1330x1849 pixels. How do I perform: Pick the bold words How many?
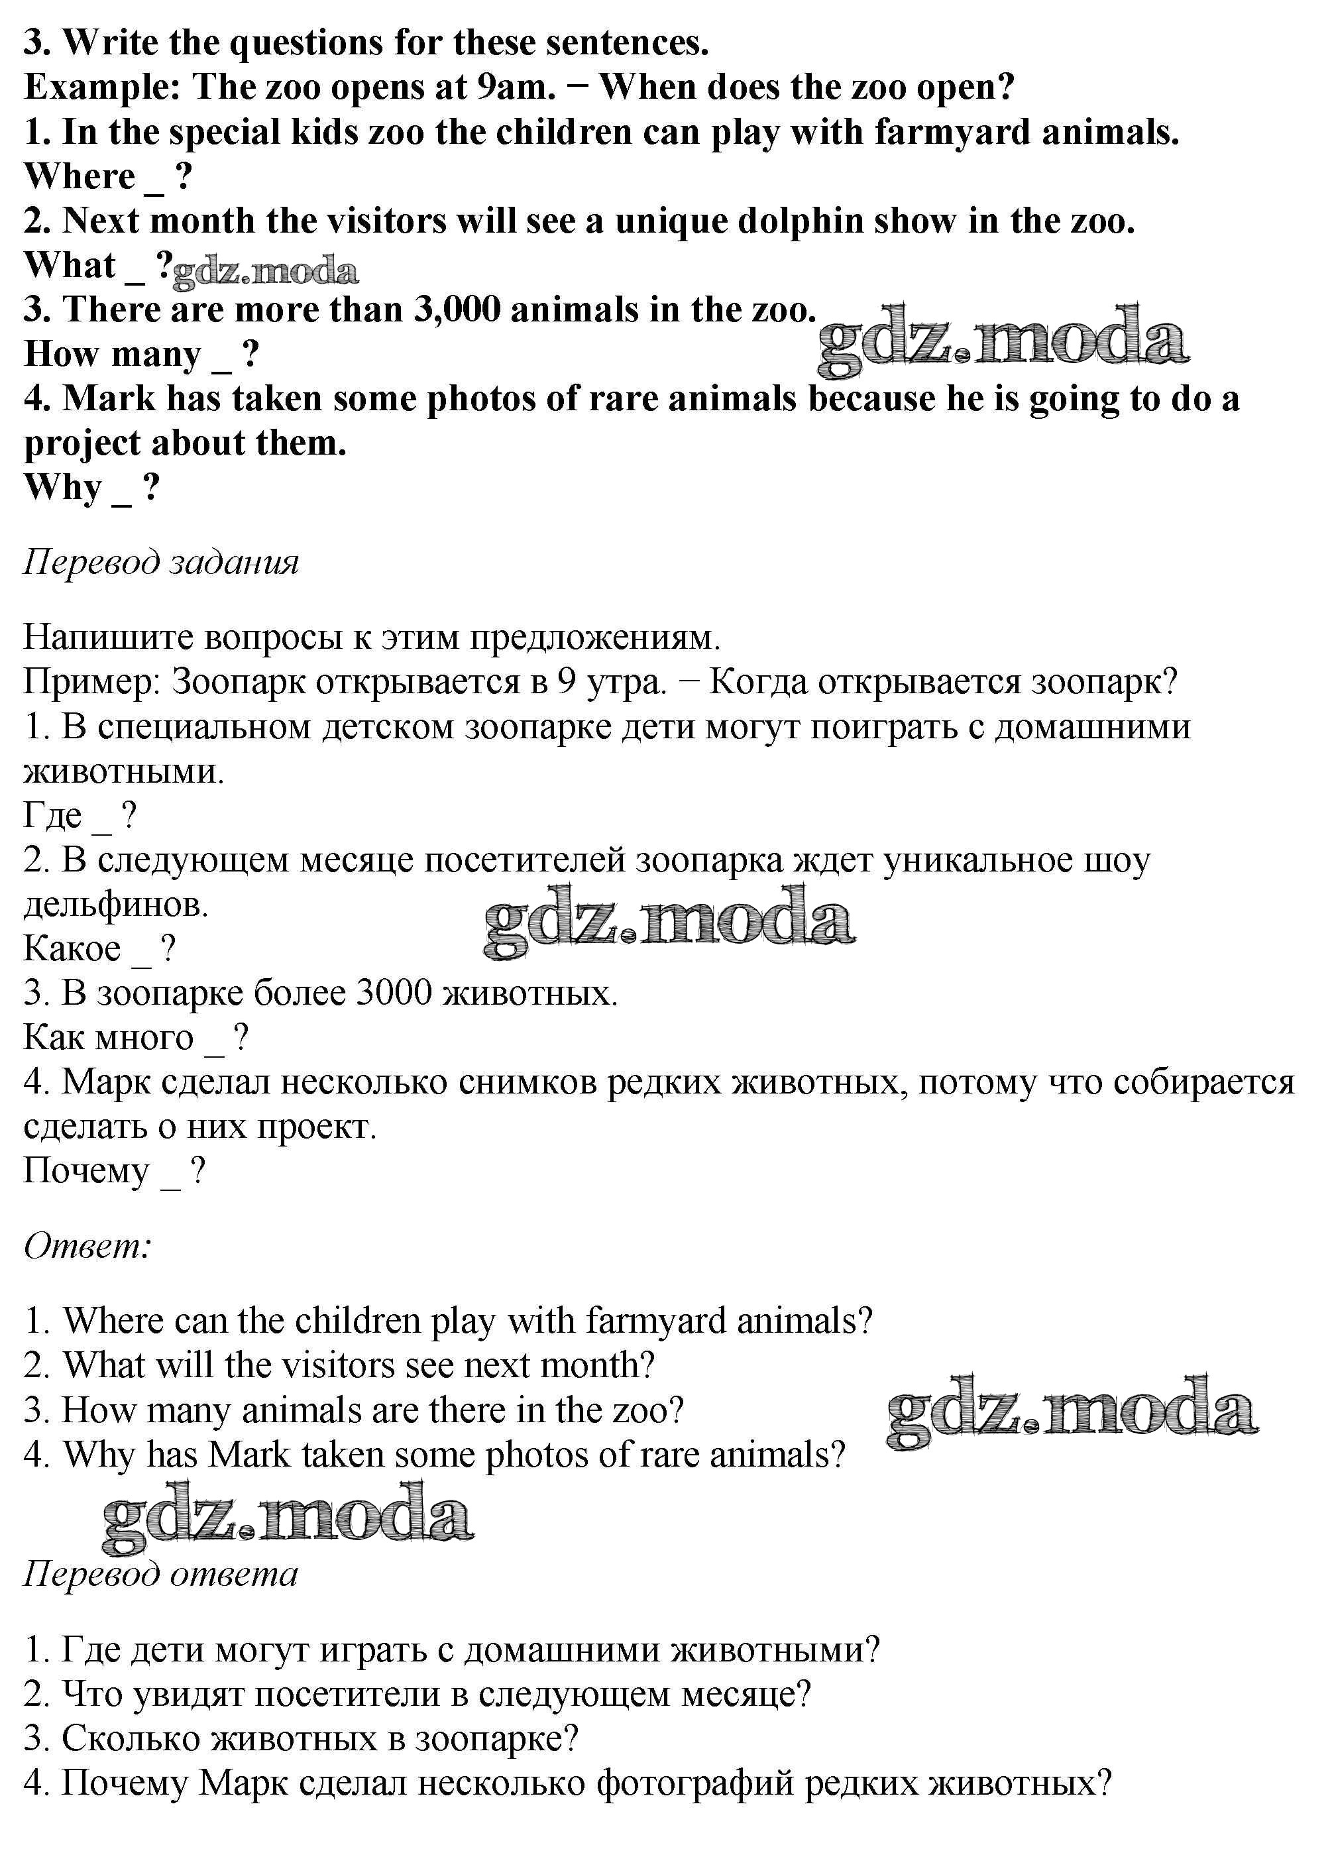pos(112,354)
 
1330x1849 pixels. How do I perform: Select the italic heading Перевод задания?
pos(160,562)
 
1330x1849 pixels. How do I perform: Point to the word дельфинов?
pos(116,904)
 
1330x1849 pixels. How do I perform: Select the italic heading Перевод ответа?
pos(160,1573)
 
